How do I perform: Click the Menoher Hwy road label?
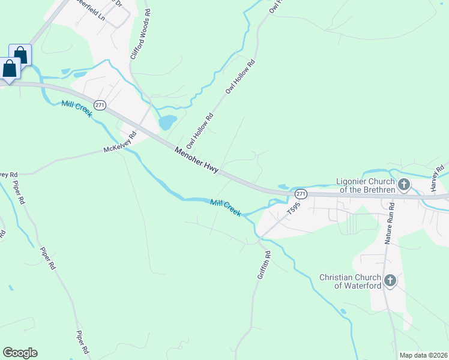196,161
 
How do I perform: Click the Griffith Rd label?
264,264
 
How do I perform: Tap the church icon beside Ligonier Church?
404,184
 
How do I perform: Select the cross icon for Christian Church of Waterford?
390,280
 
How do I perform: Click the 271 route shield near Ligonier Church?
301,194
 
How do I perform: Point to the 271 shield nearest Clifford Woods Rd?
100,105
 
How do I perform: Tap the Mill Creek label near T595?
226,208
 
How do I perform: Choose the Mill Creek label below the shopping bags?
76,109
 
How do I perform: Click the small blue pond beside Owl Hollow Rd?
167,122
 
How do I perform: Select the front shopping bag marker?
10,68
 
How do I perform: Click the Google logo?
20,353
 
